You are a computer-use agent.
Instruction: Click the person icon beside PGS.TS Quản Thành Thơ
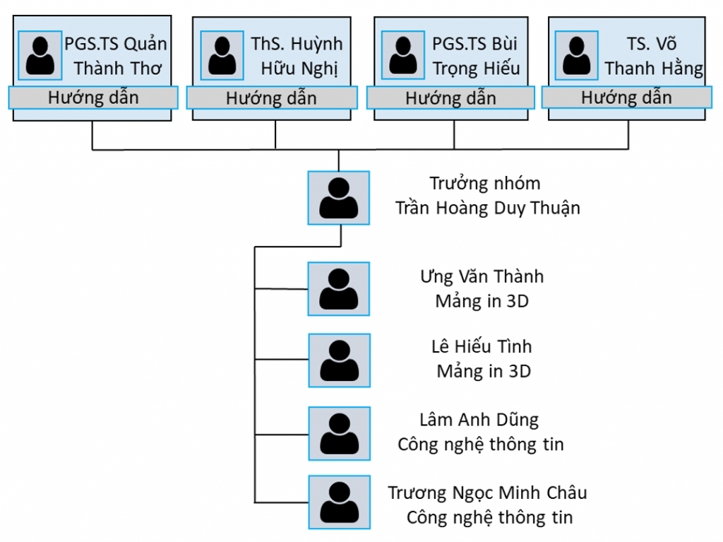pos(40,55)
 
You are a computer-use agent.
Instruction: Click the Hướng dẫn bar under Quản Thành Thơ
pos(93,98)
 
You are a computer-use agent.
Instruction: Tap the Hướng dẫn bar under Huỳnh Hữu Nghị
pos(271,98)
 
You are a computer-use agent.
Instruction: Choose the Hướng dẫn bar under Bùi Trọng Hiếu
pos(450,98)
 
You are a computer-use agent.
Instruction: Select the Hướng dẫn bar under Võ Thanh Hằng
pos(626,98)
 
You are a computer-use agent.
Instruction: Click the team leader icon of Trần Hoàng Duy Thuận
pos(338,198)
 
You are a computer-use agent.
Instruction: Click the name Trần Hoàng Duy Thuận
pos(487,208)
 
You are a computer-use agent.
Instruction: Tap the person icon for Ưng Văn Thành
pos(338,288)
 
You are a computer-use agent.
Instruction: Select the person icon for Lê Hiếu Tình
pos(338,360)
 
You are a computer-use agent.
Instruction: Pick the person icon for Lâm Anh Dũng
pos(338,433)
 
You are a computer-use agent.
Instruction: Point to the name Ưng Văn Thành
pos(482,276)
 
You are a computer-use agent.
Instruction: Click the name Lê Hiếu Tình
pos(482,347)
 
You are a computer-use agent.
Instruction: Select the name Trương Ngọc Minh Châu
pos(487,493)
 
